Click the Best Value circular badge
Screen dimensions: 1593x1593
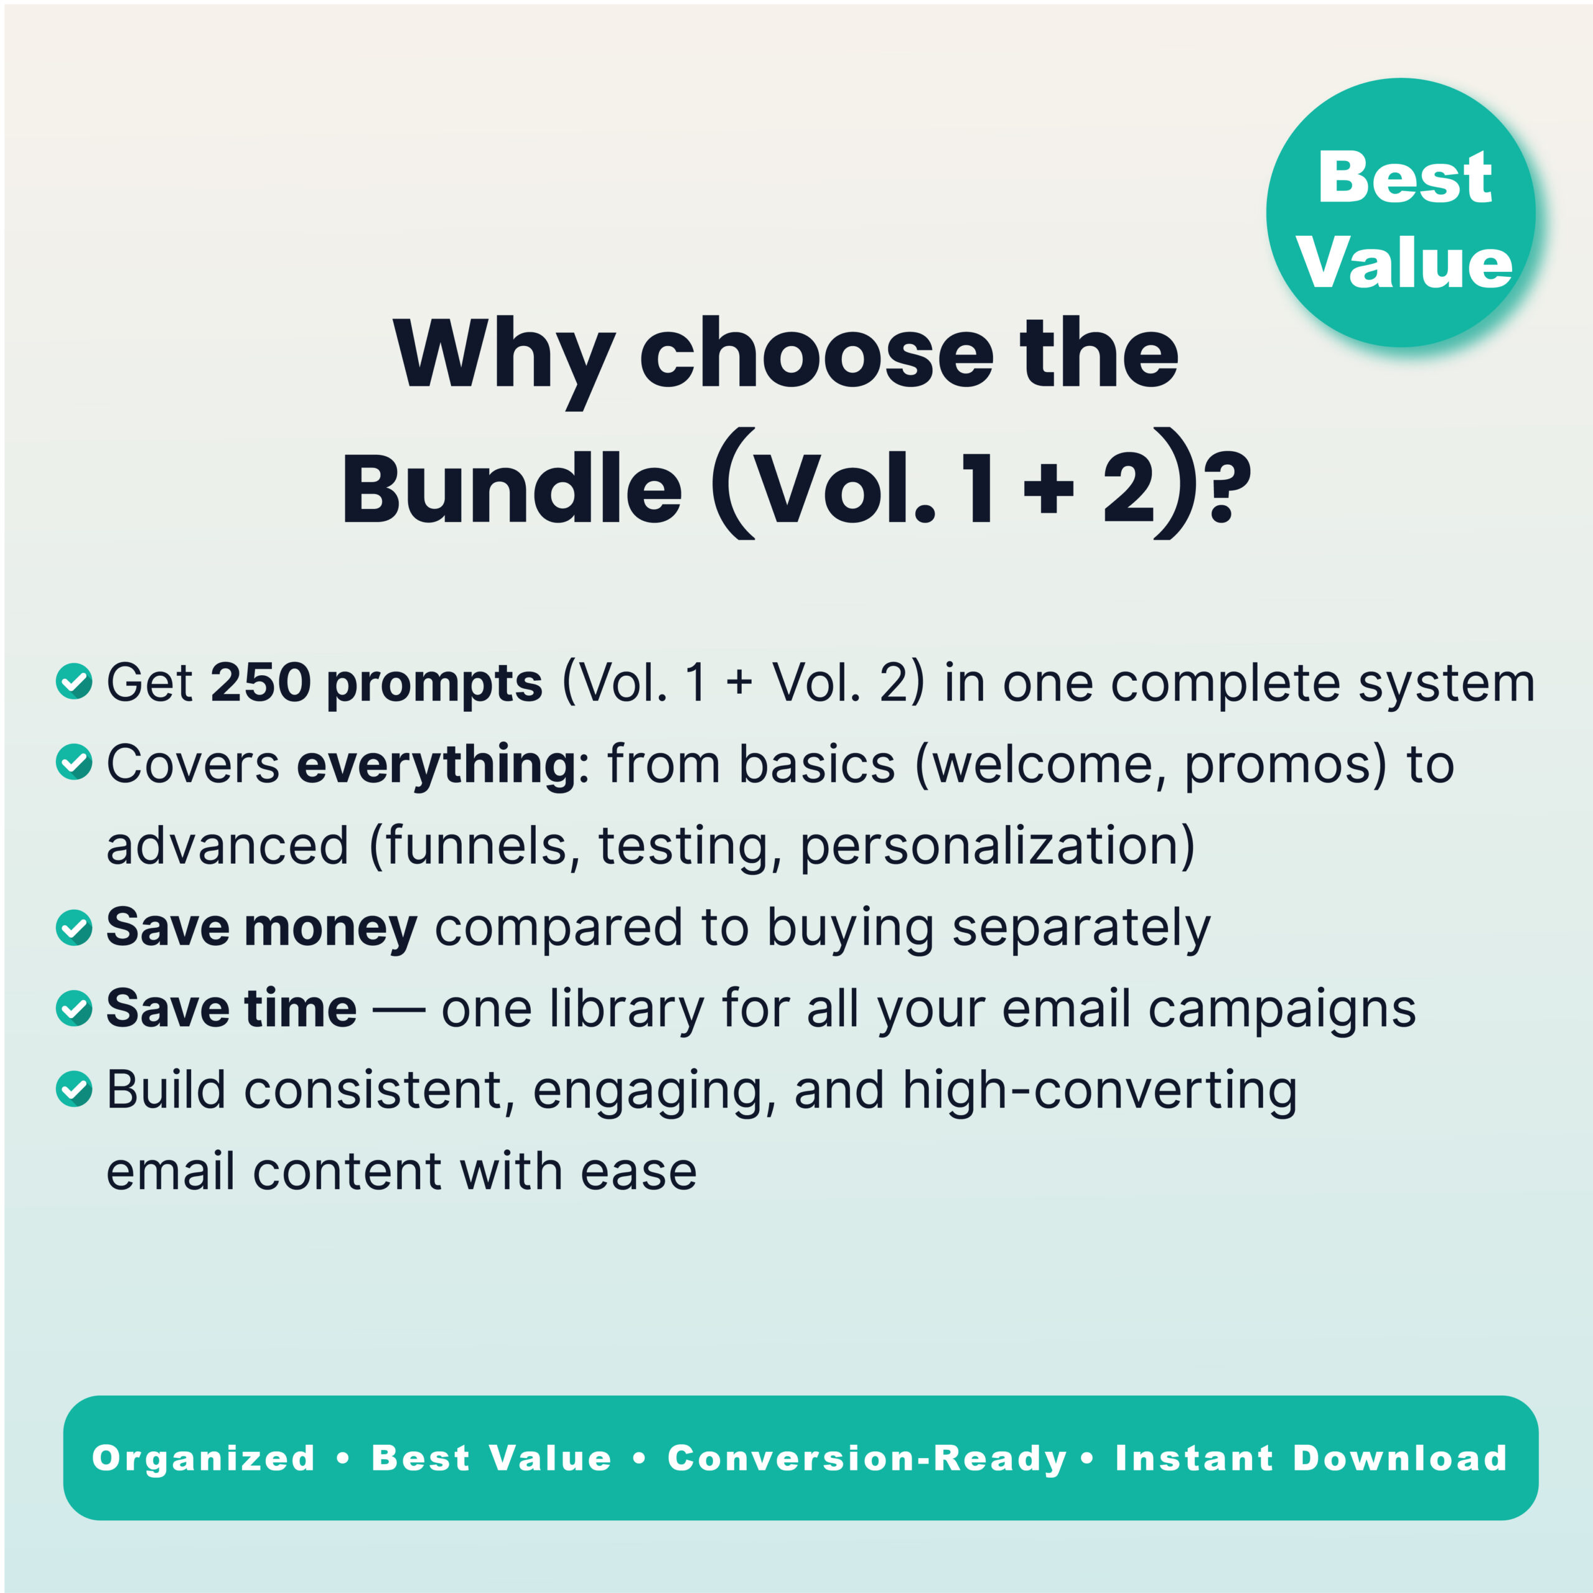tap(1400, 213)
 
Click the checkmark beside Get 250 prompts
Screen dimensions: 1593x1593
tap(74, 681)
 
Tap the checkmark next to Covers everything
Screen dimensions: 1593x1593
tap(74, 762)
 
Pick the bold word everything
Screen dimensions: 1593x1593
tap(437, 764)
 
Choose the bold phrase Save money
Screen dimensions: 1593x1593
tap(261, 927)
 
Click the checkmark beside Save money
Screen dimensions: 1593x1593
tap(74, 927)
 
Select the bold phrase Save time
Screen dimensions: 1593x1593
tap(231, 1007)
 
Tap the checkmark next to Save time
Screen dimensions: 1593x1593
tap(74, 1007)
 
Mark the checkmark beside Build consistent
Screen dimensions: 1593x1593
tap(74, 1088)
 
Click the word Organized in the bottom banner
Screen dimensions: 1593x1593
tap(203, 1458)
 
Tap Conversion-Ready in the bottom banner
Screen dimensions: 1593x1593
tap(867, 1458)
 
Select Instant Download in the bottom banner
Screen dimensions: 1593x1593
tap(1311, 1458)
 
